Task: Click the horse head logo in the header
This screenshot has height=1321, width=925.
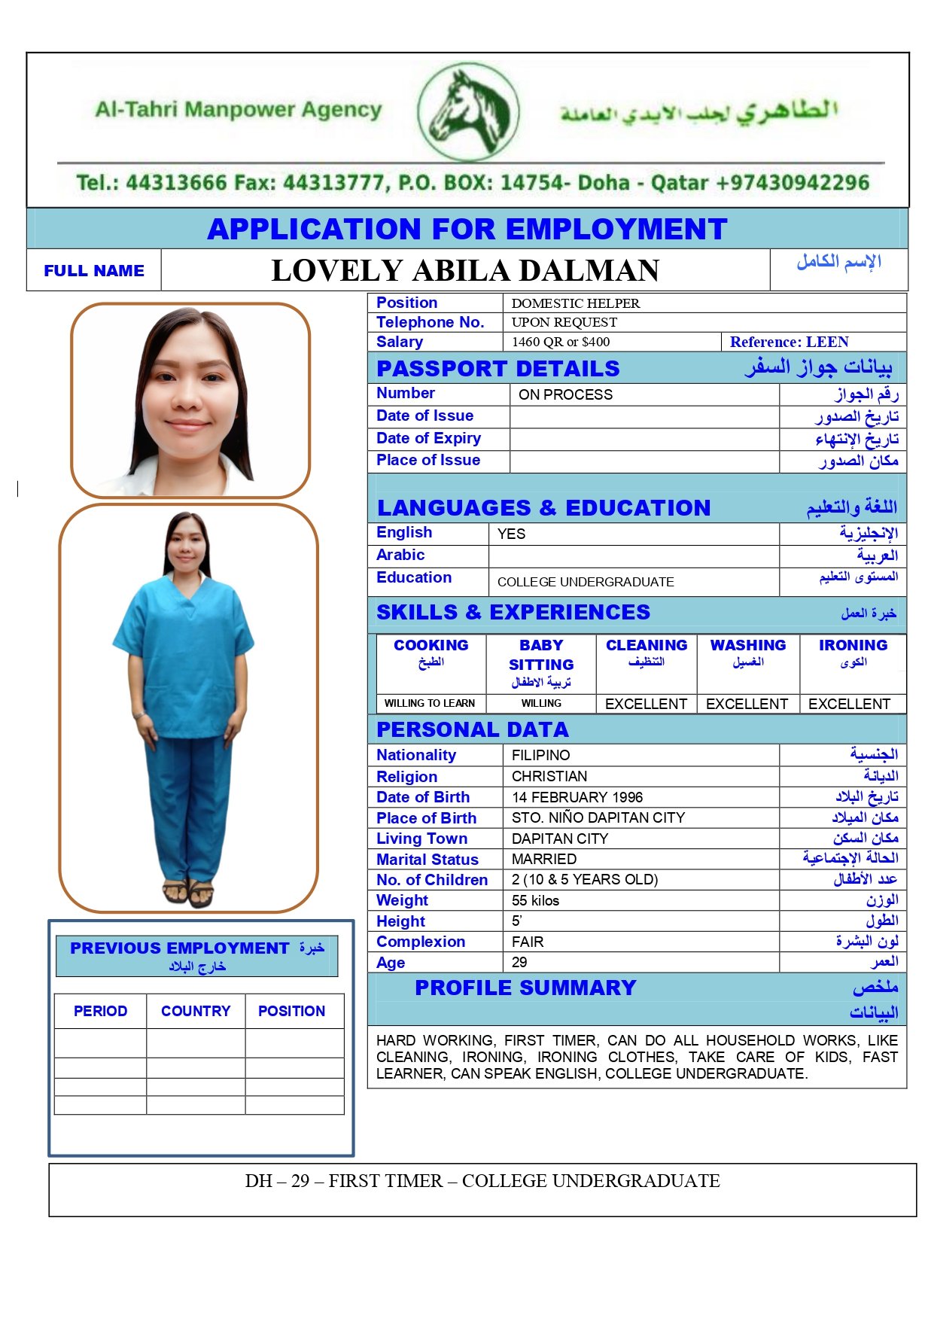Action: point(468,111)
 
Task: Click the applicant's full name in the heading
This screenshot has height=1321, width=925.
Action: point(465,271)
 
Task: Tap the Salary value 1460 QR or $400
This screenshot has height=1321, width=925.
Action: point(561,342)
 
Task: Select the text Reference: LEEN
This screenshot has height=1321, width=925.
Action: point(789,342)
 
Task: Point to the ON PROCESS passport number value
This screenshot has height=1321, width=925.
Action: point(565,394)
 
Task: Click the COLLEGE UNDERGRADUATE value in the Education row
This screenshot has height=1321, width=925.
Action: point(586,582)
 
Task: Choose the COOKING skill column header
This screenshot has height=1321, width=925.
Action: point(431,646)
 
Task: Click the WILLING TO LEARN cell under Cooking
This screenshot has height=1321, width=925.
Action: point(429,704)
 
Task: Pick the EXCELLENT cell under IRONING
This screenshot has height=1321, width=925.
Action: point(849,704)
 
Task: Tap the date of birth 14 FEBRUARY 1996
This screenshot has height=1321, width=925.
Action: point(577,797)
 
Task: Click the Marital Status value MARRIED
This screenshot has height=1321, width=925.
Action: point(544,860)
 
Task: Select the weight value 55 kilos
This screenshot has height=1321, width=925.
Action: point(535,901)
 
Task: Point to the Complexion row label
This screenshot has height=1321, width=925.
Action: point(421,942)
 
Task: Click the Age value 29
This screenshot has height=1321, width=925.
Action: point(519,963)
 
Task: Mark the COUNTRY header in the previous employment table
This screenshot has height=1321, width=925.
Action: point(196,1011)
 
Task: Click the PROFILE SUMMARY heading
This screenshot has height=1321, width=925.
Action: point(525,988)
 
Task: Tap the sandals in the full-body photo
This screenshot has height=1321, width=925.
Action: point(188,893)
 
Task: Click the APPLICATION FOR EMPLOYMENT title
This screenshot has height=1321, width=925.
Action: point(467,229)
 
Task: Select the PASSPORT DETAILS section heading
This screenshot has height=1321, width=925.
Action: point(497,369)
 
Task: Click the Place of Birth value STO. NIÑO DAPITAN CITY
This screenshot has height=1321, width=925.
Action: point(598,818)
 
